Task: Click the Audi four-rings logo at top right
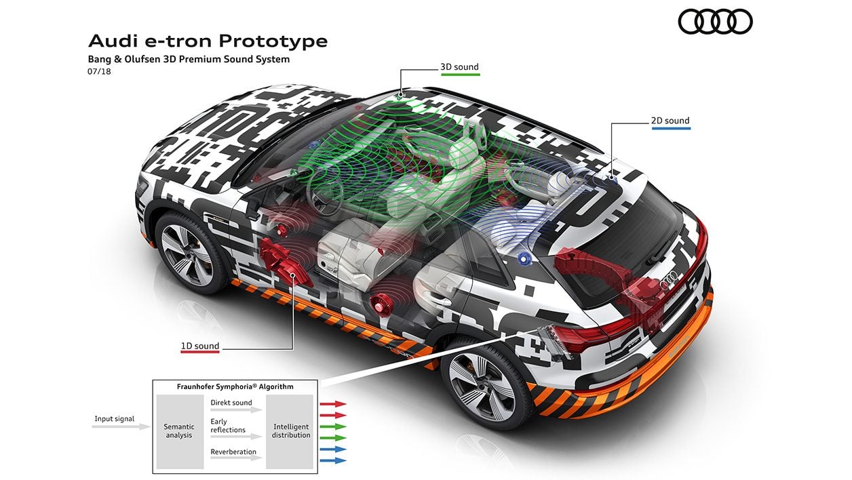click(715, 22)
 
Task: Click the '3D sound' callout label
click(459, 67)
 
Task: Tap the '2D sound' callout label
click(670, 121)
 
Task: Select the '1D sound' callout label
click(200, 346)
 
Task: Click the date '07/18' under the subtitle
click(99, 71)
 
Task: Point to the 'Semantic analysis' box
click(180, 431)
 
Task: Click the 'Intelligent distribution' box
click(290, 431)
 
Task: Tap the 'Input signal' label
click(115, 419)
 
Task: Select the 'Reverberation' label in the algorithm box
click(233, 452)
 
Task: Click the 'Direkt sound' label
click(231, 403)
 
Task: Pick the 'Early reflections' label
click(228, 426)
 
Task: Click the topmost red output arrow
click(333, 404)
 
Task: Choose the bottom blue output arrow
click(333, 460)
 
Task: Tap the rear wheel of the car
click(482, 387)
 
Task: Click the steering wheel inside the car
click(325, 192)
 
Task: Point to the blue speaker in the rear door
click(524, 259)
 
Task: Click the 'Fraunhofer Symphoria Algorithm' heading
click(235, 386)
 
